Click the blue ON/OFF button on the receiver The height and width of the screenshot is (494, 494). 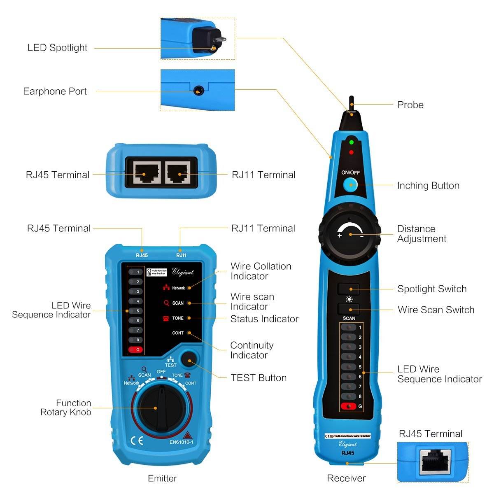click(351, 185)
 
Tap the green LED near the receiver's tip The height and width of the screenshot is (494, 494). click(351, 142)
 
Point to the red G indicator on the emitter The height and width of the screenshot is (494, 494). click(135, 350)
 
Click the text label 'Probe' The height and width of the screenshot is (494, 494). click(410, 105)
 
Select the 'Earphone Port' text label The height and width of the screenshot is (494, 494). click(55, 91)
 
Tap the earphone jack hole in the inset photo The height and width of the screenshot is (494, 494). click(199, 91)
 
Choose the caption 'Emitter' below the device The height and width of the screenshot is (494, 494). click(162, 478)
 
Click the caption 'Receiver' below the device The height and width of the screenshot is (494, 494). click(346, 478)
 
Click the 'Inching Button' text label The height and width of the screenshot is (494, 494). click(428, 186)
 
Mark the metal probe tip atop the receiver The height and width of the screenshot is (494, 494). click(351, 103)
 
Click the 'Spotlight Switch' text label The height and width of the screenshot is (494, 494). click(432, 289)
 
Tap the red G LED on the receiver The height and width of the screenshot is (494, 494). click(348, 407)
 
